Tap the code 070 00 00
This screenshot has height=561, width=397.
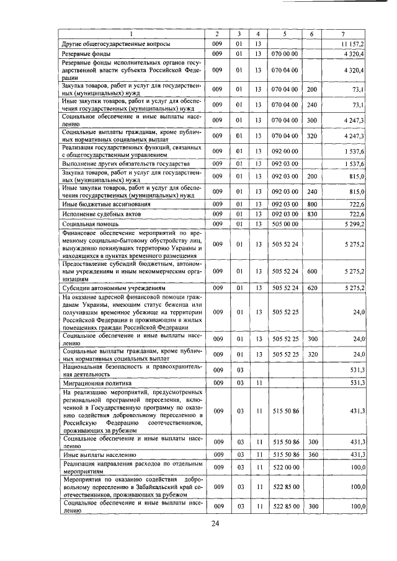(x=285, y=55)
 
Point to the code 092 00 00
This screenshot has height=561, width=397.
(x=285, y=151)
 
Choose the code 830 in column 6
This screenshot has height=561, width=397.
(x=312, y=213)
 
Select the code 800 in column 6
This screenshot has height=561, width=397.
(x=312, y=203)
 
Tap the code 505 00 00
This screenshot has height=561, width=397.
(x=285, y=223)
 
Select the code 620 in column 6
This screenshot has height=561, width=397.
(x=312, y=288)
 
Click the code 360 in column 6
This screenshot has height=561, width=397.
(x=312, y=455)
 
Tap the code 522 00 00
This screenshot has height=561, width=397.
(x=285, y=466)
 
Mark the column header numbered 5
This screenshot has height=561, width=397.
(x=285, y=33)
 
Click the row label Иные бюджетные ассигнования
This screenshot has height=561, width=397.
(x=101, y=203)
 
